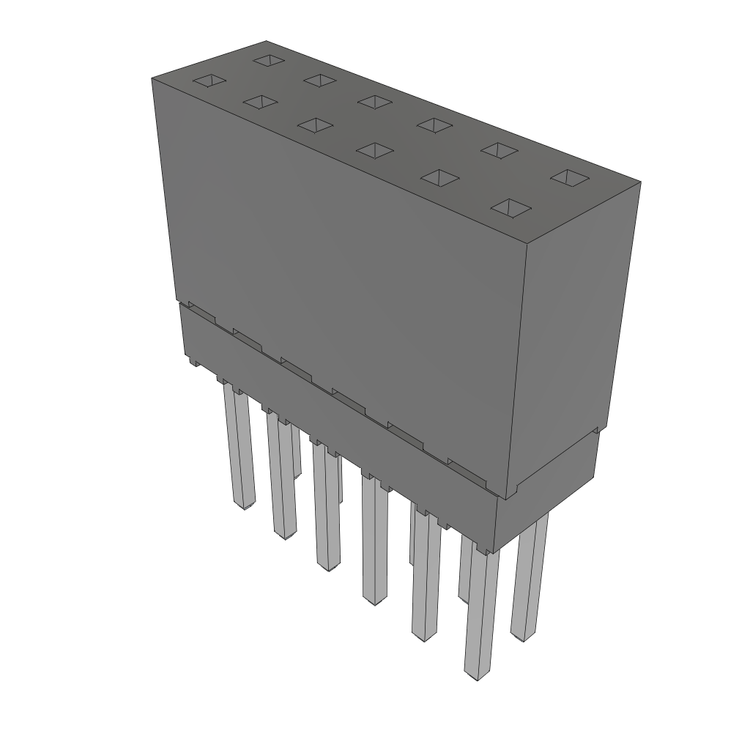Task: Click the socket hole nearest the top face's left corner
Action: click(209, 81)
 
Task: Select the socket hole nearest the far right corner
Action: click(570, 177)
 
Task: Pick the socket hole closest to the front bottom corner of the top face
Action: click(510, 208)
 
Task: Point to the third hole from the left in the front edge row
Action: click(316, 125)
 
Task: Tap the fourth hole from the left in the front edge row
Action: click(374, 150)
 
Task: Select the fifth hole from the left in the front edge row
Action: click(439, 177)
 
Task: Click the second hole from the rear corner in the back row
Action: click(320, 79)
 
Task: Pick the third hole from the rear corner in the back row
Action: click(375, 102)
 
